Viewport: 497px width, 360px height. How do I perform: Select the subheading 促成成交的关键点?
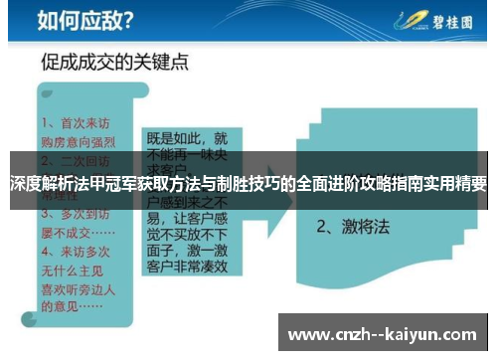[114, 63]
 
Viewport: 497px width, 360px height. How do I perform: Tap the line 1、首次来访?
[78, 124]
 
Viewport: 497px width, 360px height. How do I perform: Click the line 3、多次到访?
[78, 213]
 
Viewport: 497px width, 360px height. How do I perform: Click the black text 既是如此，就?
[187, 138]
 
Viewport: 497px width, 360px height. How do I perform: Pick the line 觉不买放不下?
[188, 231]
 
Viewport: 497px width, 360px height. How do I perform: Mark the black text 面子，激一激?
[188, 249]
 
